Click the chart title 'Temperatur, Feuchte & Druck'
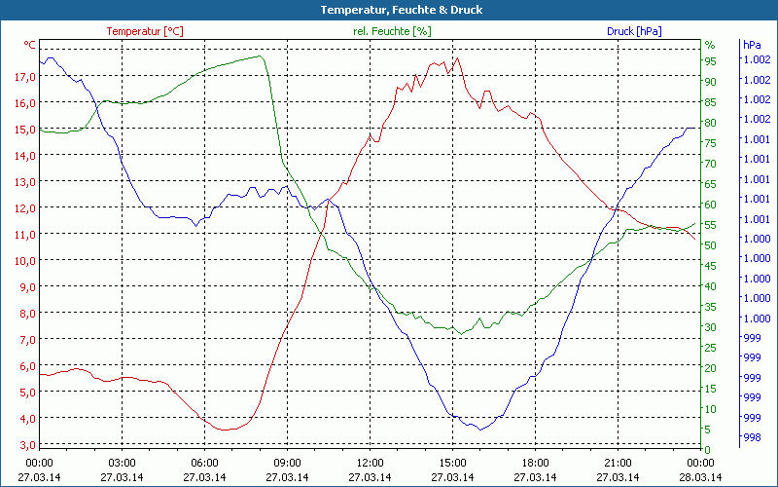point(388,10)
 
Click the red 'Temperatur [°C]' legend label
point(144,31)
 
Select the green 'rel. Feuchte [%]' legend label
point(391,31)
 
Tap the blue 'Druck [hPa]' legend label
point(634,31)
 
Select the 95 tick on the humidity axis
point(710,60)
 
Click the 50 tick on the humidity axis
point(710,245)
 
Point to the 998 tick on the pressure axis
point(751,438)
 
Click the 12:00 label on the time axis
point(370,463)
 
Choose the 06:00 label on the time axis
point(204,463)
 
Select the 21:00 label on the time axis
point(618,463)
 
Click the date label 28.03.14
point(700,477)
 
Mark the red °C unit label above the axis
point(29,45)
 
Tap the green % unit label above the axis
point(710,45)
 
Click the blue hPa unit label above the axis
point(751,45)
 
